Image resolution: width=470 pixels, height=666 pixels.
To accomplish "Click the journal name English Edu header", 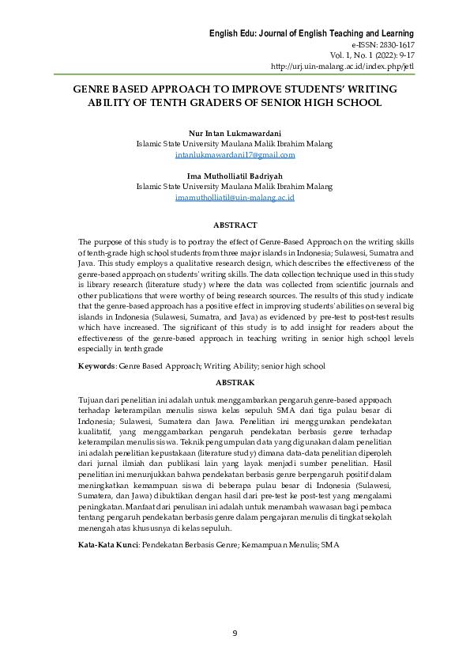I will (311, 33).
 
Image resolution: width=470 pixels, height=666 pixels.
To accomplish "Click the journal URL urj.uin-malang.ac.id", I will (342, 66).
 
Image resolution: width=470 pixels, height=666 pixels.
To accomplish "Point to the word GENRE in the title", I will (91, 89).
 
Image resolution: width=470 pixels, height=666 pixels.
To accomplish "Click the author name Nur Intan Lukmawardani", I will (235, 134).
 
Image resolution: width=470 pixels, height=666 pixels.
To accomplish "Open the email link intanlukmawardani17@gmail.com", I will (235, 155).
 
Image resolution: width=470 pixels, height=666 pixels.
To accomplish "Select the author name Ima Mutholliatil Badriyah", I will (235, 176).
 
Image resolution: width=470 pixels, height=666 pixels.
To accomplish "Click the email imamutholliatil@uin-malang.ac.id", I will (235, 197).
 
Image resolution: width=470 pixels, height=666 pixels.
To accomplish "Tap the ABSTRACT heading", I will (235, 225).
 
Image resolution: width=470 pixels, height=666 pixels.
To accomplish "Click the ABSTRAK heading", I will (235, 381).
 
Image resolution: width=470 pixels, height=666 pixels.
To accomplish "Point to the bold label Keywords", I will (96, 366).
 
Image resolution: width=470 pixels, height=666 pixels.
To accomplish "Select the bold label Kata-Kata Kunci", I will (108, 546).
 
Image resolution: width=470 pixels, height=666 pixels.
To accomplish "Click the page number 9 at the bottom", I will (235, 633).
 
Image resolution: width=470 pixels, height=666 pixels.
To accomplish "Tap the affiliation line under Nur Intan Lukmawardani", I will (235, 145).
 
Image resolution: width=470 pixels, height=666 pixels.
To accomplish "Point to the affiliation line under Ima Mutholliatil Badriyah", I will (235, 187).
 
